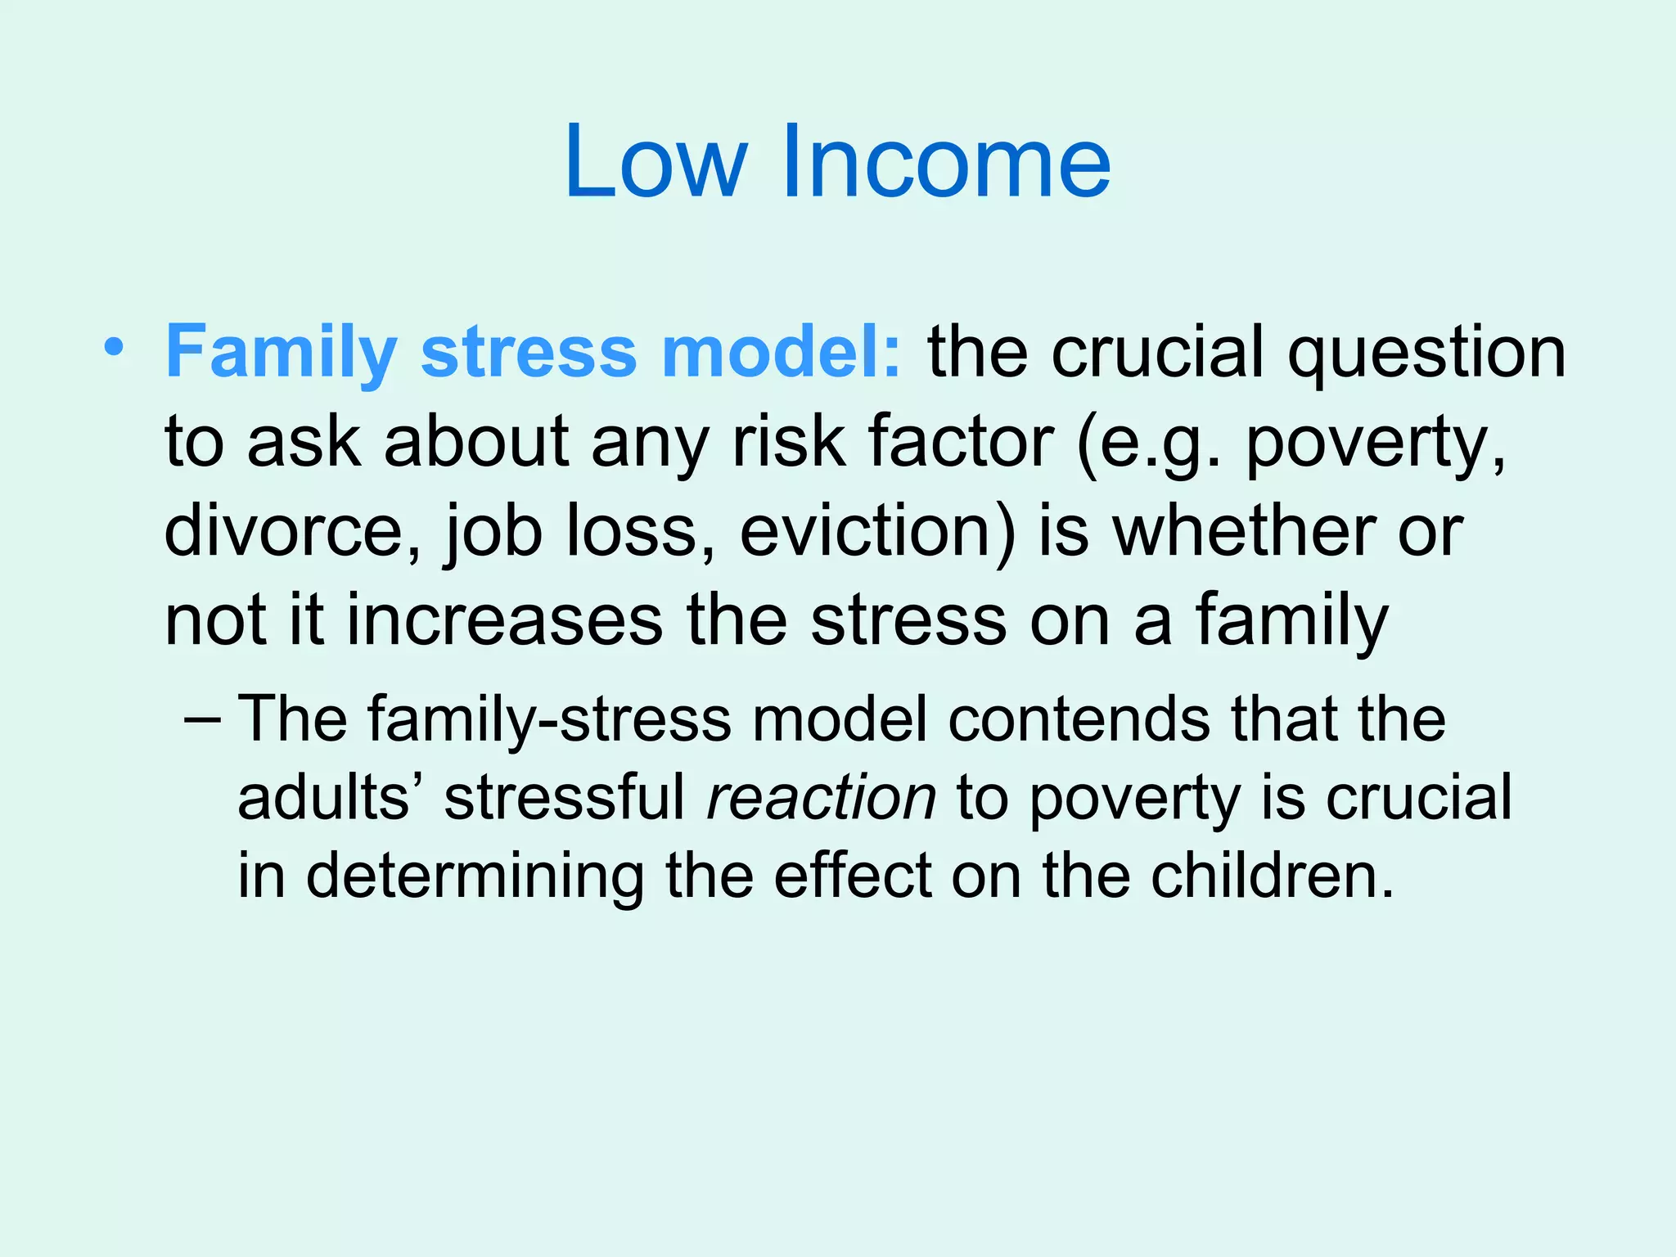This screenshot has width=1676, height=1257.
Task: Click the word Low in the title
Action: click(x=656, y=161)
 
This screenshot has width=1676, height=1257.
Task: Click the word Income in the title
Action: click(x=946, y=161)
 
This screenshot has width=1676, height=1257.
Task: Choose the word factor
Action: click(x=961, y=442)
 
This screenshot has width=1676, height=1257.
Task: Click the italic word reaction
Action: click(x=821, y=798)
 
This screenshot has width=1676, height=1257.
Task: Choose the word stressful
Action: click(x=564, y=798)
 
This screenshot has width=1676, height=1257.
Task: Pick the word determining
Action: click(x=475, y=876)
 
